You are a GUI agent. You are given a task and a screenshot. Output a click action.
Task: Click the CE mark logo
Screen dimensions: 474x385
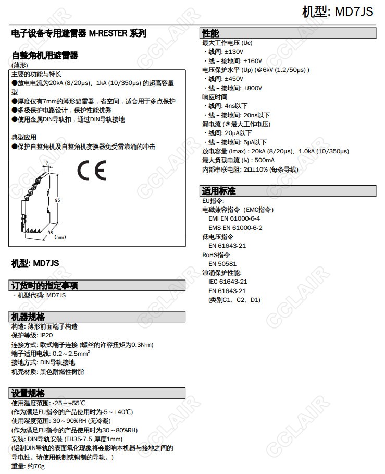click(x=92, y=171)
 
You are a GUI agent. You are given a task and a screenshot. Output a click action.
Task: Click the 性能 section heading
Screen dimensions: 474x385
click(x=211, y=33)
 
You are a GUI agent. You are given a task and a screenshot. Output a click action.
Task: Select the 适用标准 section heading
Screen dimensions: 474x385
click(x=219, y=190)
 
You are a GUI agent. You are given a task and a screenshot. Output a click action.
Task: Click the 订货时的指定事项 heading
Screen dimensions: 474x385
click(x=45, y=285)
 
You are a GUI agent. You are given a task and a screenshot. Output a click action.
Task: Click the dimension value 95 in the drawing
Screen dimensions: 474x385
click(x=58, y=200)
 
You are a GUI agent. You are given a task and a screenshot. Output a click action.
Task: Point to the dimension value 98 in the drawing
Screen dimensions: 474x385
click(x=51, y=233)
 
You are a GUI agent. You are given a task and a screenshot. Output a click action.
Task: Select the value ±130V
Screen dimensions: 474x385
click(x=234, y=52)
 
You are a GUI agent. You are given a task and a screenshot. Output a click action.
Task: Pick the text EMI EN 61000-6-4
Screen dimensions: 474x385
click(x=234, y=218)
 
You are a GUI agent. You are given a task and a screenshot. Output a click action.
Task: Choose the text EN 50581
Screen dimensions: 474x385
click(x=222, y=263)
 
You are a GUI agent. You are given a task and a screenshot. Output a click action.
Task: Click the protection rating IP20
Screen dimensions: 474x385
click(x=46, y=335)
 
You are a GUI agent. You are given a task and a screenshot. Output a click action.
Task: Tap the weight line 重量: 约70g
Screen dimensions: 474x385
click(x=28, y=466)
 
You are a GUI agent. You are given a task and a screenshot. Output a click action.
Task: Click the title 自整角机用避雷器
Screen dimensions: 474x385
click(x=45, y=55)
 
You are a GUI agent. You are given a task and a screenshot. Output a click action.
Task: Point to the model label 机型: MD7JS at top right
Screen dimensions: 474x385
click(x=338, y=11)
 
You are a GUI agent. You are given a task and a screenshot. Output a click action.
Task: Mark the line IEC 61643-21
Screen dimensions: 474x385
click(x=228, y=282)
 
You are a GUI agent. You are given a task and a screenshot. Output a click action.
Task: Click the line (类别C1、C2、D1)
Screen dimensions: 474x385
click(x=234, y=300)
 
